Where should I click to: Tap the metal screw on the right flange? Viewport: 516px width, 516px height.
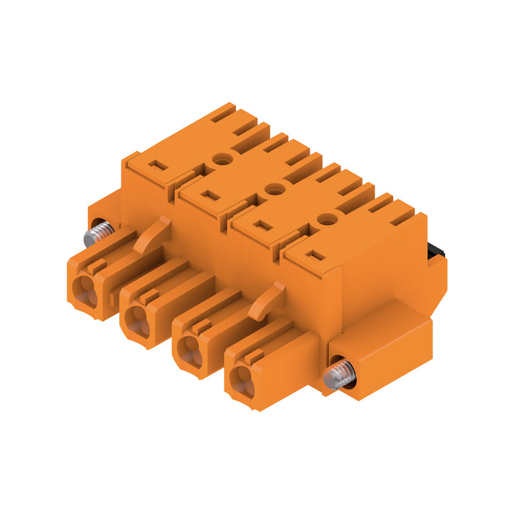pyautogui.click(x=339, y=375)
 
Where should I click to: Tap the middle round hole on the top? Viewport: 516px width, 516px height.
pyautogui.click(x=275, y=189)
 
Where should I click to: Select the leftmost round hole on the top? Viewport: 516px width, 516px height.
pyautogui.click(x=223, y=159)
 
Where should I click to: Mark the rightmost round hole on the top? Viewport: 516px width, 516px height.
pyautogui.click(x=328, y=219)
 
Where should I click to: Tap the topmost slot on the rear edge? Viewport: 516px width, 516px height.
pyautogui.click(x=223, y=113)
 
